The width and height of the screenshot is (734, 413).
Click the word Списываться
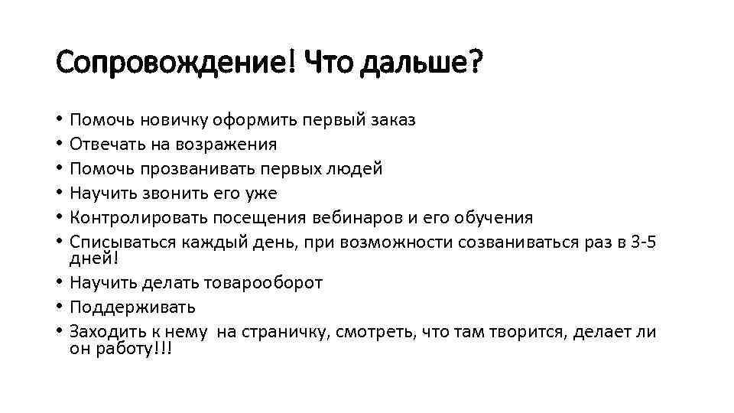[x=123, y=242]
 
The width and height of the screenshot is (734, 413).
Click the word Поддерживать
[x=132, y=307]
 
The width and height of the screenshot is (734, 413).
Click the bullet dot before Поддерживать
[x=60, y=307]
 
